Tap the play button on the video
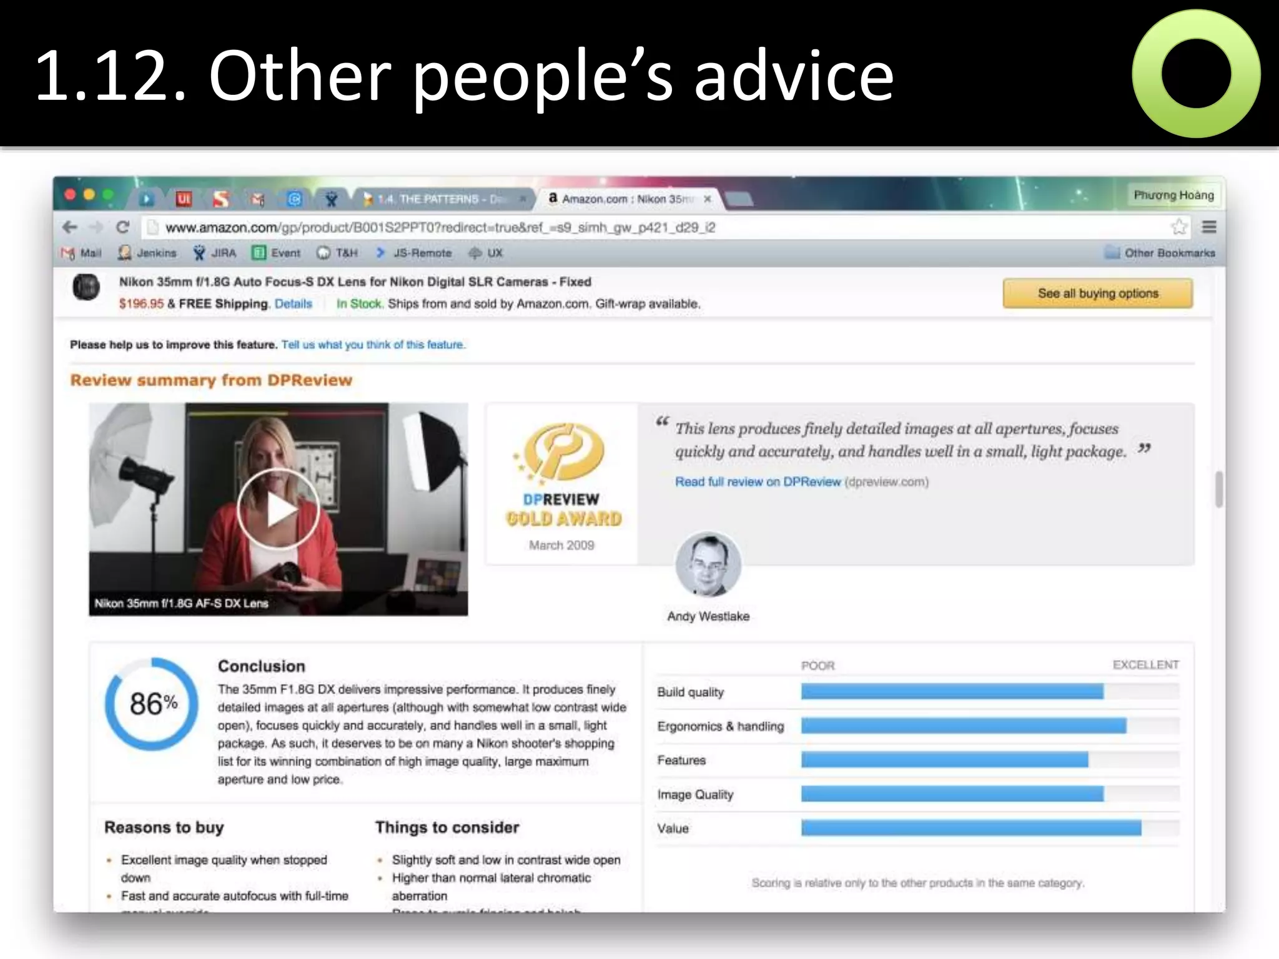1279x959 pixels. point(278,509)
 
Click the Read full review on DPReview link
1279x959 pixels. point(758,481)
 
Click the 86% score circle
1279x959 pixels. point(152,704)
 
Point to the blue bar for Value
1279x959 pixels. point(971,828)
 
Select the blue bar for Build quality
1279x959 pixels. point(952,691)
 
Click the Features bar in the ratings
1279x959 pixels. point(944,760)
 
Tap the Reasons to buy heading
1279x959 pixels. point(164,827)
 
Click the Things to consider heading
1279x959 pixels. point(447,827)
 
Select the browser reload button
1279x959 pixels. point(123,227)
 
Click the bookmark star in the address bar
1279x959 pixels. point(1178,227)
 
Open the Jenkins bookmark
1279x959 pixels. point(148,253)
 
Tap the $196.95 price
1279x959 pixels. point(141,303)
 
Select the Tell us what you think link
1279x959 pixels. point(373,345)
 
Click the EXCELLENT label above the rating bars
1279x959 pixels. point(1145,665)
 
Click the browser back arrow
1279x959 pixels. point(70,227)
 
